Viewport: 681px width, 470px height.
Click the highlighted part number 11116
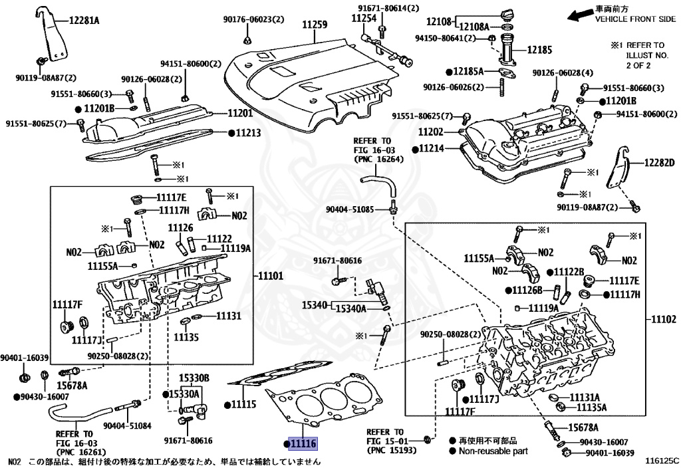tap(303, 443)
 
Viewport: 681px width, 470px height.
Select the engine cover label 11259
tap(315, 25)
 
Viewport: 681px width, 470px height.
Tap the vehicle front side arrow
tap(580, 16)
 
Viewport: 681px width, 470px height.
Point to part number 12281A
tap(84, 20)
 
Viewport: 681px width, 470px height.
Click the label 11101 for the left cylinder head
tap(271, 276)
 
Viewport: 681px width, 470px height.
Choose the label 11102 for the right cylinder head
tap(663, 319)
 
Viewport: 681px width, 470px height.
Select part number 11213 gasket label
tap(248, 132)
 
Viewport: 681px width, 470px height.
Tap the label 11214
tap(431, 148)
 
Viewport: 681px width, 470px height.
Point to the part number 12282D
tap(659, 163)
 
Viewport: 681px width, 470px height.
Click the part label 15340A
tap(351, 308)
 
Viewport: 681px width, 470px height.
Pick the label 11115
tap(243, 404)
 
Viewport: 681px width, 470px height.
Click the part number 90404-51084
tap(127, 425)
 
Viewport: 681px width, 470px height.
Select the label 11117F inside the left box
tap(67, 304)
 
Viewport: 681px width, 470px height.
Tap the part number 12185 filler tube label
tap(539, 50)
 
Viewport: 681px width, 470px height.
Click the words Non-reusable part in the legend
tap(493, 451)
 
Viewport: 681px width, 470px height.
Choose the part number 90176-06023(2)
tap(253, 19)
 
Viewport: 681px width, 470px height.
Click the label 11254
tap(364, 18)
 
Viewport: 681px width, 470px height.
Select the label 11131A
tap(585, 398)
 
